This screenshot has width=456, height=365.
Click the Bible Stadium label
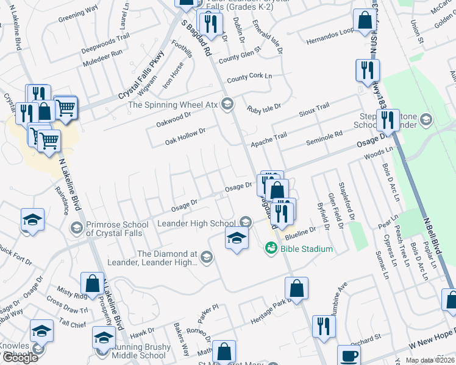pos(307,249)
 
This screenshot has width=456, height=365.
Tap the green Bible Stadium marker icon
pos(271,248)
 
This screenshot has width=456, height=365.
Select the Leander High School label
pos(196,223)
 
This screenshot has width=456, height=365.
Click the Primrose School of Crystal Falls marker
pos(77,228)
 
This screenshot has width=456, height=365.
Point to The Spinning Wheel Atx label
pos(173,105)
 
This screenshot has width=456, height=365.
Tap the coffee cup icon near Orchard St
pos(349,355)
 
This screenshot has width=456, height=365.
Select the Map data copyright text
pos(430,360)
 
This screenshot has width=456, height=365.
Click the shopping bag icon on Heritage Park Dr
pos(296,288)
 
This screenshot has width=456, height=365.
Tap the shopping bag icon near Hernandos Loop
pos(365,20)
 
